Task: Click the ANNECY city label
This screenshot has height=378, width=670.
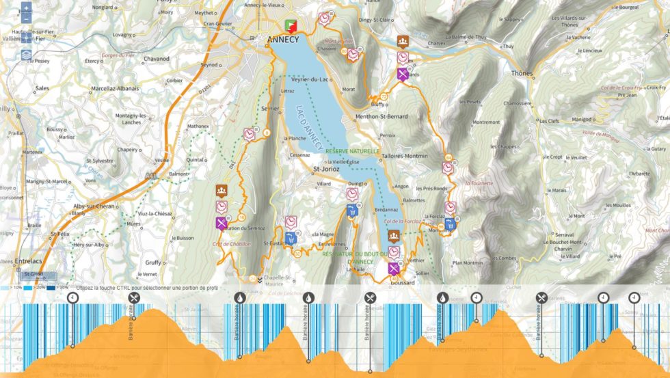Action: pyautogui.click(x=284, y=40)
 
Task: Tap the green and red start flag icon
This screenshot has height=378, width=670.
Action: pyautogui.click(x=292, y=26)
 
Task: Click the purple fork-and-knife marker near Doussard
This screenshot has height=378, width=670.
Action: pyautogui.click(x=394, y=268)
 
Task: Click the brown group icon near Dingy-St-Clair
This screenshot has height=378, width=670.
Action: pyautogui.click(x=403, y=42)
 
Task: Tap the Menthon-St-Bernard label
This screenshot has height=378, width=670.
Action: pyautogui.click(x=381, y=117)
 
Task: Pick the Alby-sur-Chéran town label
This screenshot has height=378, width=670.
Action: pyautogui.click(x=94, y=205)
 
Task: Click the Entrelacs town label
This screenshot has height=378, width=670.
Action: pyautogui.click(x=16, y=261)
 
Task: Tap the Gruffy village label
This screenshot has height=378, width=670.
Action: pyautogui.click(x=153, y=262)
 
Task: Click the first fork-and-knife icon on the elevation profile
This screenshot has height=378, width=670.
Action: pyautogui.click(x=134, y=297)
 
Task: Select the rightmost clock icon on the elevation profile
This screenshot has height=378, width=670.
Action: pyautogui.click(x=634, y=297)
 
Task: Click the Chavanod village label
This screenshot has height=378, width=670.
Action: pyautogui.click(x=157, y=59)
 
